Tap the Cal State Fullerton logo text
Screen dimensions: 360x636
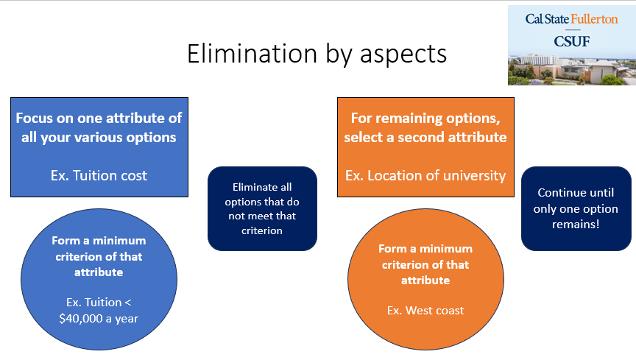coord(571,19)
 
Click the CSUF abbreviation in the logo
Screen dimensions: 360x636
coord(571,41)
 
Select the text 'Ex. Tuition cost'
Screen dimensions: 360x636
coord(99,175)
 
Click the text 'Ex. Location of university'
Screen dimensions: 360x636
coord(425,175)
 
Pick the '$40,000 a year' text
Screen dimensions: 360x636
coord(99,319)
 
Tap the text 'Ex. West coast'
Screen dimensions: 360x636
coord(425,310)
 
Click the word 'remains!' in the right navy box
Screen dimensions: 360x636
coord(576,224)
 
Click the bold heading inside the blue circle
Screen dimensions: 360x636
coord(99,256)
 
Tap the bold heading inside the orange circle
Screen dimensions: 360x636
coord(425,264)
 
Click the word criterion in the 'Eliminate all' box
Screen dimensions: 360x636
coord(262,230)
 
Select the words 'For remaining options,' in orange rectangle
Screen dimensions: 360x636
coord(425,118)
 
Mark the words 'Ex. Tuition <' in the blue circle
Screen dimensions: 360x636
coord(99,303)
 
